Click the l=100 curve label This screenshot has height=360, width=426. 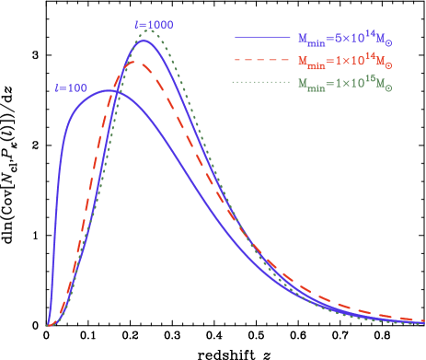pyautogui.click(x=71, y=88)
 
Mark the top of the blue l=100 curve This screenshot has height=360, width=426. pyautogui.click(x=108, y=90)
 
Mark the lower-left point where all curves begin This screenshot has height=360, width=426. pyautogui.click(x=47, y=325)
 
